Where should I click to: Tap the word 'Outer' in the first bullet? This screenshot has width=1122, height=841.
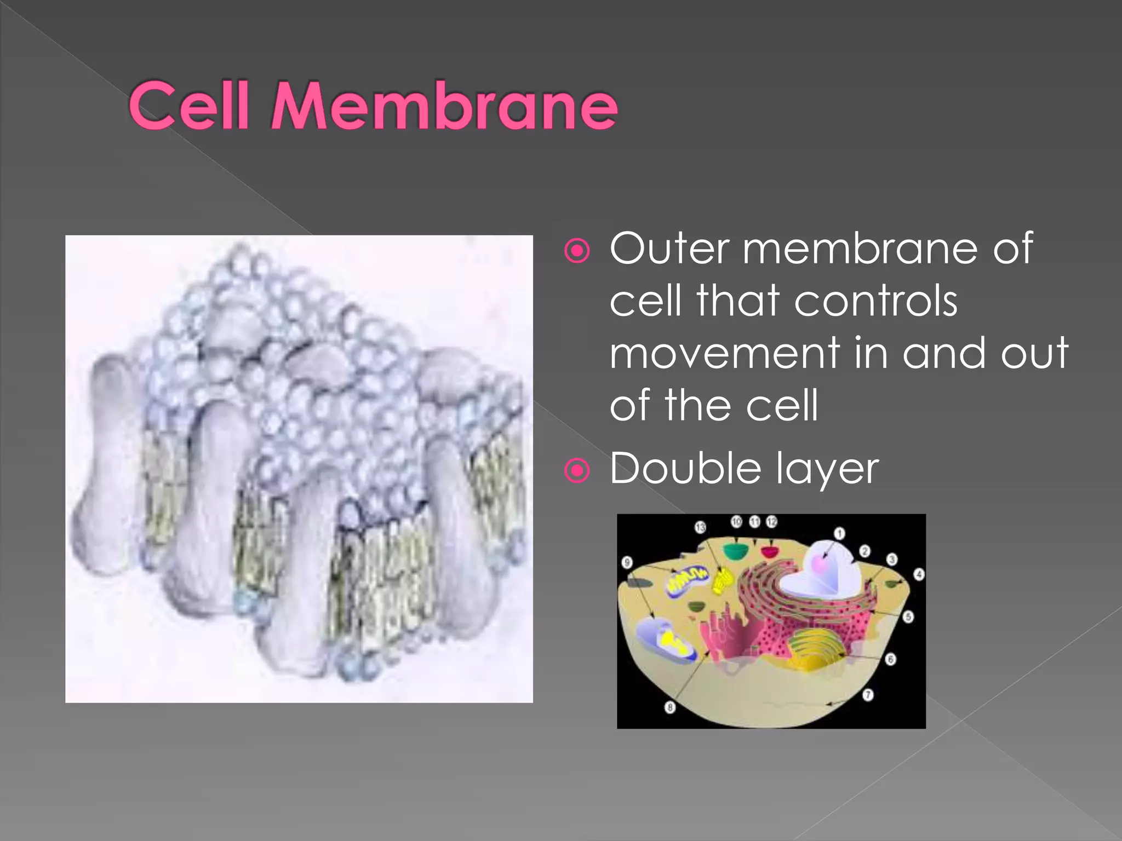coord(669,249)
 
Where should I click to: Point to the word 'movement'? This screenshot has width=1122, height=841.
coord(724,354)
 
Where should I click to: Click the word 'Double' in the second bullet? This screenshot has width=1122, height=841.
coord(685,469)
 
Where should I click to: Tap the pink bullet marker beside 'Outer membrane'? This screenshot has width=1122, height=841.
coord(577,251)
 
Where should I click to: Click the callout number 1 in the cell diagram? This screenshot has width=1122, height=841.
coord(839,533)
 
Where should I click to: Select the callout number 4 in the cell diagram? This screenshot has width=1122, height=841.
coord(919,574)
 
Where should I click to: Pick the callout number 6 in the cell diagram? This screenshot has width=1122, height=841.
coord(891,659)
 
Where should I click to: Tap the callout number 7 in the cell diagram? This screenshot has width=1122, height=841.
coord(868,695)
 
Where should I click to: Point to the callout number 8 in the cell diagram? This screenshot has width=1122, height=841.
coord(669,708)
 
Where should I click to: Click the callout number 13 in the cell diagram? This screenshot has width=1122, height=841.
coord(700,527)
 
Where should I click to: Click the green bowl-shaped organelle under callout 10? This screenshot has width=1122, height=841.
coord(735,550)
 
